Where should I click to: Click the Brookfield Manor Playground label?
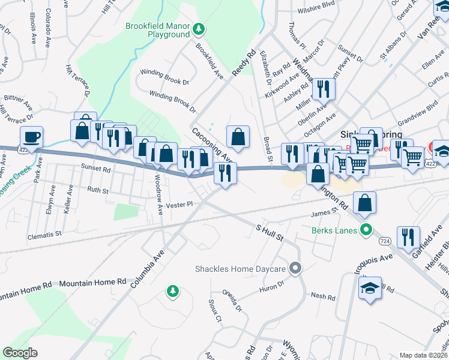[157, 30]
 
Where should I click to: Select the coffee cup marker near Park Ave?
[31, 137]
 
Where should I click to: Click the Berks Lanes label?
[334, 230]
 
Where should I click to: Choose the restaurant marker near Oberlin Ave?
[324, 89]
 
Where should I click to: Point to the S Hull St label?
[270, 233]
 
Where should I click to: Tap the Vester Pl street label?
[180, 205]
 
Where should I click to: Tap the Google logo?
[20, 353]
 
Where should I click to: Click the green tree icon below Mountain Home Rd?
[173, 291]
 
